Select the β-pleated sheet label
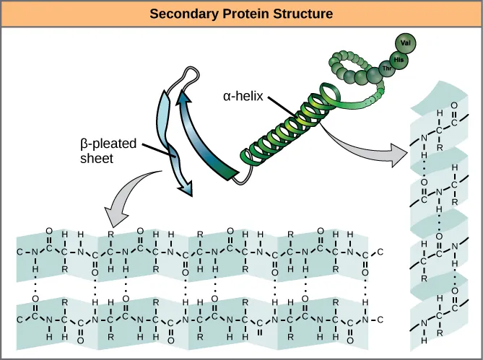pyautogui.click(x=108, y=151)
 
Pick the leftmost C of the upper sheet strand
pyautogui.click(x=18, y=252)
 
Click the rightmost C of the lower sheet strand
pyautogui.click(x=380, y=318)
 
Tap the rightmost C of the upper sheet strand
pyautogui.click(x=380, y=252)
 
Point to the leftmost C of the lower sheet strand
pyautogui.click(x=18, y=318)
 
